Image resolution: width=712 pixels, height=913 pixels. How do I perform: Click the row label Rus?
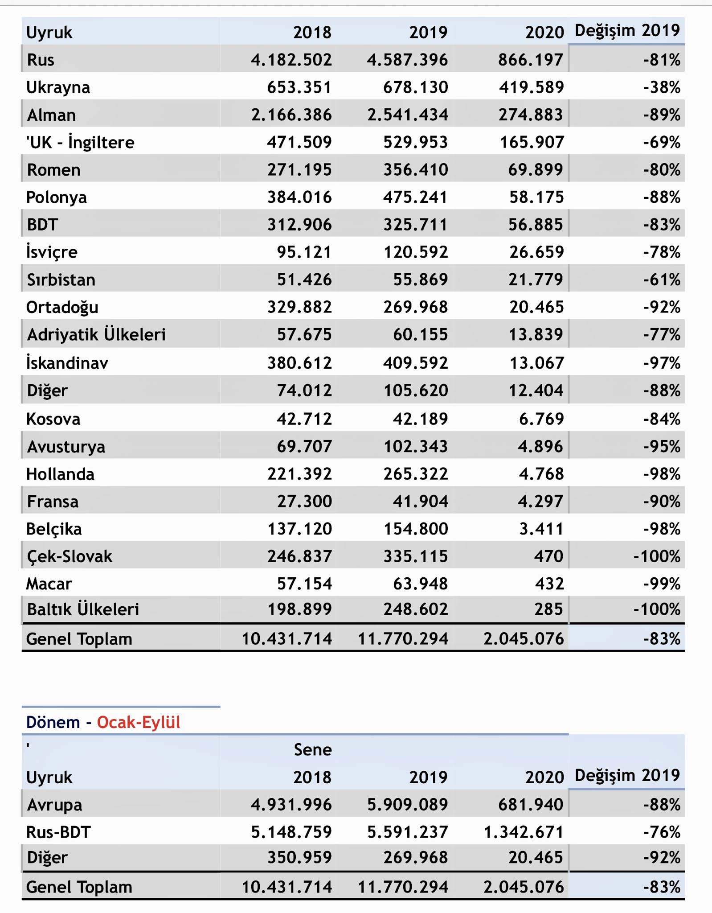click(41, 60)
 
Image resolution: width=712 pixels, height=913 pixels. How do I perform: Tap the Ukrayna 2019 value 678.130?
click(415, 87)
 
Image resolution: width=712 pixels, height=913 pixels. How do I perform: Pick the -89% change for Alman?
click(661, 115)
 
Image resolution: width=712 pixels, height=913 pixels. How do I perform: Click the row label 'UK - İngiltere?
click(80, 143)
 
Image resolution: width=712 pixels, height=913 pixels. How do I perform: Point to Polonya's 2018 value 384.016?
click(299, 197)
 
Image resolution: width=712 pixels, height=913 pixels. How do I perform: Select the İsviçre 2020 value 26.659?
click(536, 252)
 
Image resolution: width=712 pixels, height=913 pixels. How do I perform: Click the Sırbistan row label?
click(61, 280)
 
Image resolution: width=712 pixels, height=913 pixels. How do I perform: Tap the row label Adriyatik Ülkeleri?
click(96, 335)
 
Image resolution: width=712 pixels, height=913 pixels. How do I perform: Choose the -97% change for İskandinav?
click(661, 363)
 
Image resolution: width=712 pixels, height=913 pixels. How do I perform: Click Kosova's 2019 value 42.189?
click(420, 419)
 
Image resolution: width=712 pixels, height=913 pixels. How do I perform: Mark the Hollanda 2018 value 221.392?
click(299, 474)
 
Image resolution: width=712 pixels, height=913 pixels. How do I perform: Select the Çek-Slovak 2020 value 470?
click(549, 556)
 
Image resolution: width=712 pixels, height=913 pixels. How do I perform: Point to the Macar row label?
click(49, 584)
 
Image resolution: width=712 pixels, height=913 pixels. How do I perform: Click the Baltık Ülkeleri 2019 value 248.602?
click(415, 609)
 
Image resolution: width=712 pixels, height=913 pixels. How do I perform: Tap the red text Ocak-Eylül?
click(139, 722)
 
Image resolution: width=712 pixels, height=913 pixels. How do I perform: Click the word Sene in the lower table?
click(313, 750)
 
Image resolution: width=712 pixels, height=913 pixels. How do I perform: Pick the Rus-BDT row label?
click(58, 832)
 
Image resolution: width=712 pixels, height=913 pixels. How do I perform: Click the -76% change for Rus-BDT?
click(661, 832)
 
